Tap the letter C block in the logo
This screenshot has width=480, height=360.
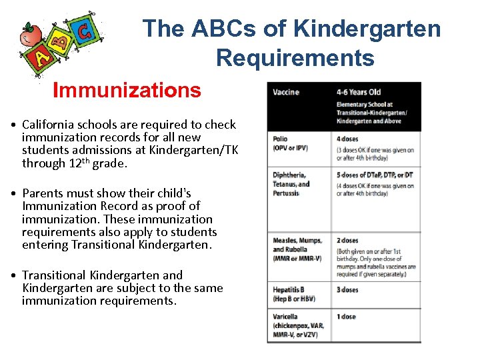click(84, 31)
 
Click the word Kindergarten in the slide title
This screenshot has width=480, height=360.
click(367, 29)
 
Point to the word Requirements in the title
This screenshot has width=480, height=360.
click(295, 58)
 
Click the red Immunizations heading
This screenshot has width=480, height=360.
click(127, 90)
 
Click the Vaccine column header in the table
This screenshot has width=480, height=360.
click(286, 92)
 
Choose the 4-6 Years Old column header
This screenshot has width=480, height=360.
click(359, 92)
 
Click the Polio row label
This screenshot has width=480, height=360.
click(280, 139)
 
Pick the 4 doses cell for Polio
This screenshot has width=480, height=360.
click(347, 139)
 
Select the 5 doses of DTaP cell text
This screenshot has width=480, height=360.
click(375, 175)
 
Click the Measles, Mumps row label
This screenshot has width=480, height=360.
click(297, 241)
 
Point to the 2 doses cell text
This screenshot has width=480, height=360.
click(347, 241)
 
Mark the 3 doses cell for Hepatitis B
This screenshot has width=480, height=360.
click(347, 290)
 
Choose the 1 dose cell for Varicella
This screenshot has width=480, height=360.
click(346, 317)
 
